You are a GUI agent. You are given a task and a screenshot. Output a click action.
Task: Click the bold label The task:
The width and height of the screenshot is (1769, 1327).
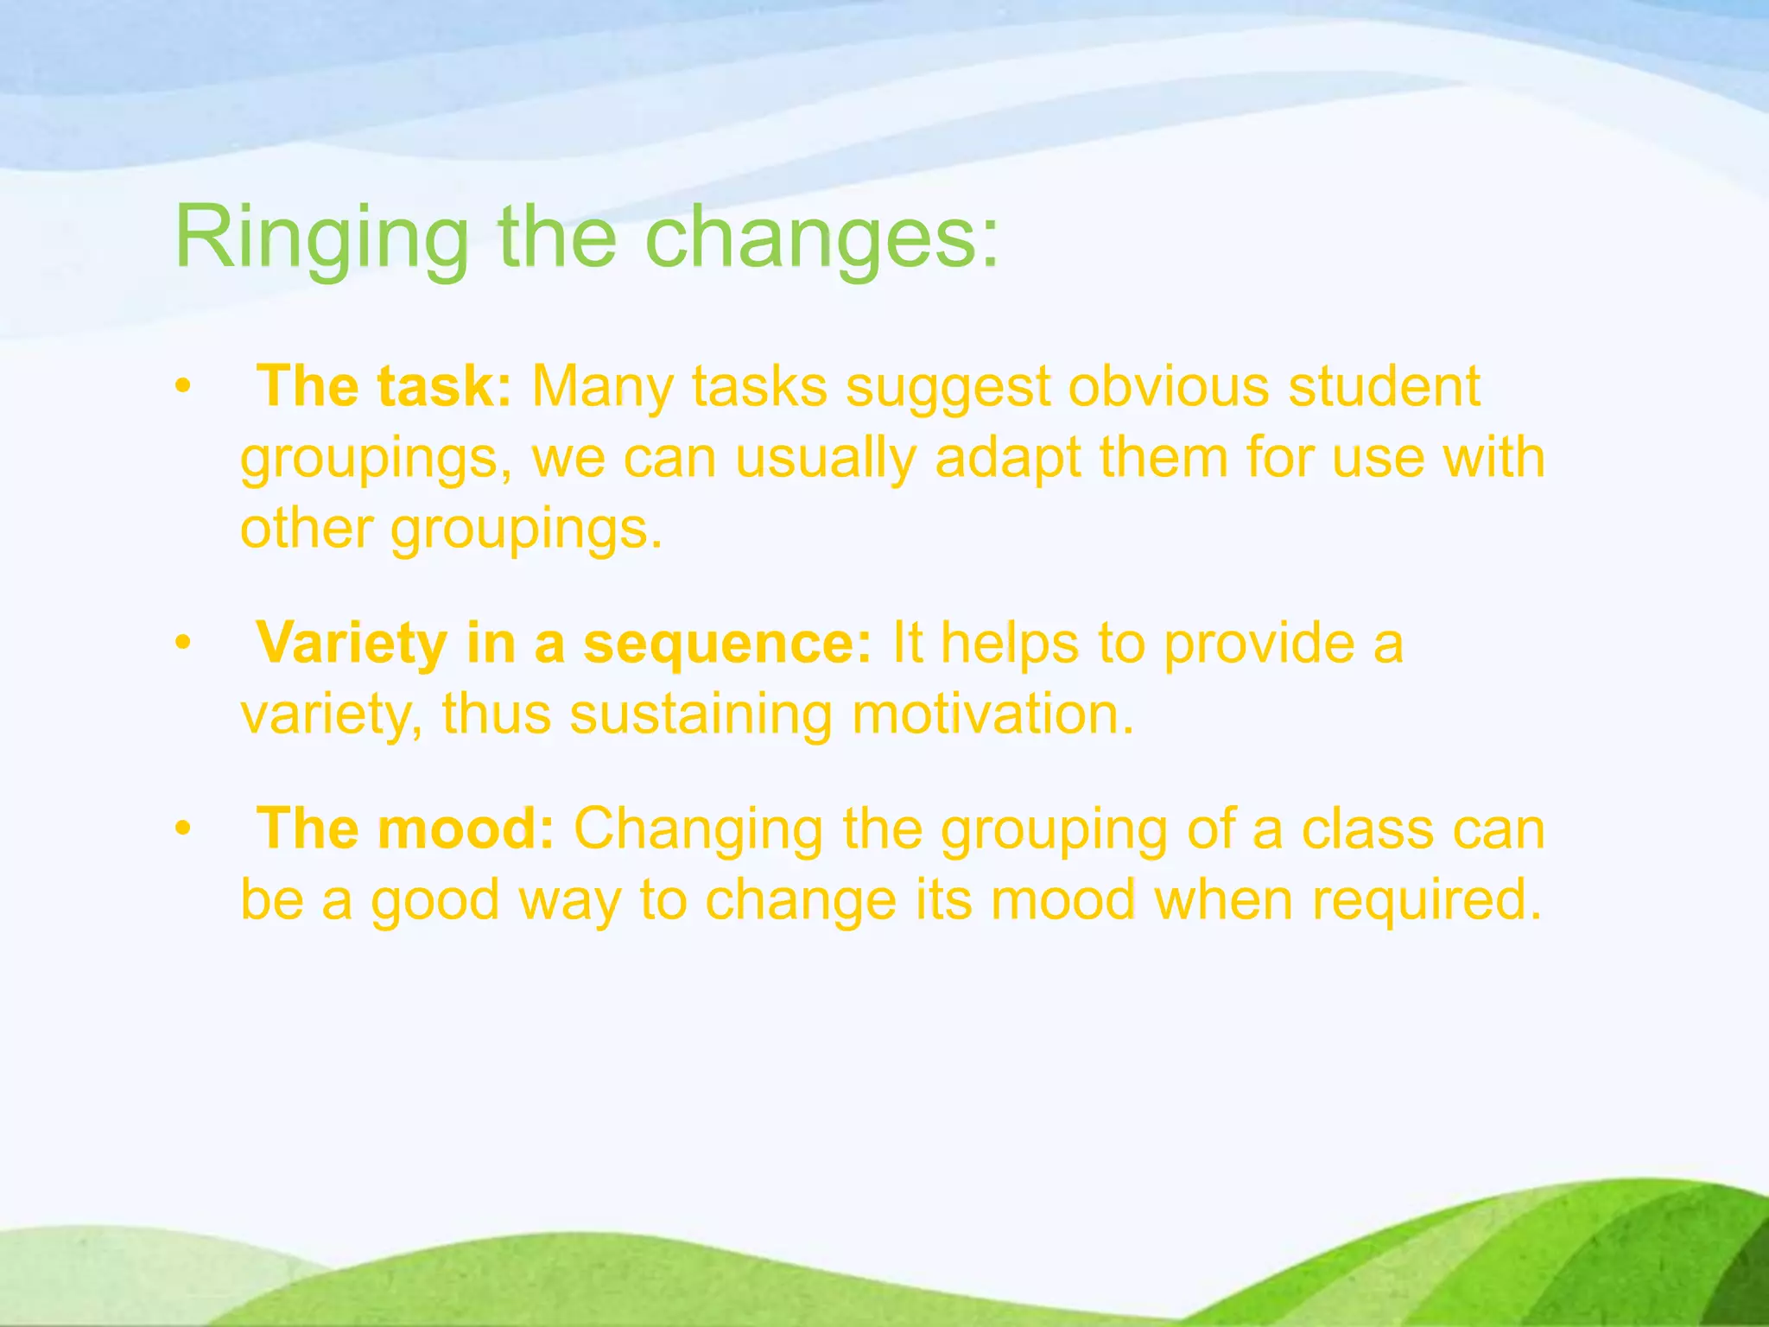pyautogui.click(x=385, y=385)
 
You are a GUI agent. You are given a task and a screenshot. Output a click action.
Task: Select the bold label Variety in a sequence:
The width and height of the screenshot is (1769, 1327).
pyautogui.click(x=564, y=643)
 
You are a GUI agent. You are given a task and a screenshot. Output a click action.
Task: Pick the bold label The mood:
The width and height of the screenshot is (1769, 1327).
pyautogui.click(x=405, y=829)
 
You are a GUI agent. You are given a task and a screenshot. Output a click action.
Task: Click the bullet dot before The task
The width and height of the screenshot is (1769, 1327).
pyautogui.click(x=181, y=387)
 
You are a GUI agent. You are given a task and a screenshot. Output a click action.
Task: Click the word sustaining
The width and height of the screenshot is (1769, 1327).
pyautogui.click(x=701, y=714)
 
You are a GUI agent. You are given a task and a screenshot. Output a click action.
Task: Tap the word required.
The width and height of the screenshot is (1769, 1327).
pyautogui.click(x=1426, y=899)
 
